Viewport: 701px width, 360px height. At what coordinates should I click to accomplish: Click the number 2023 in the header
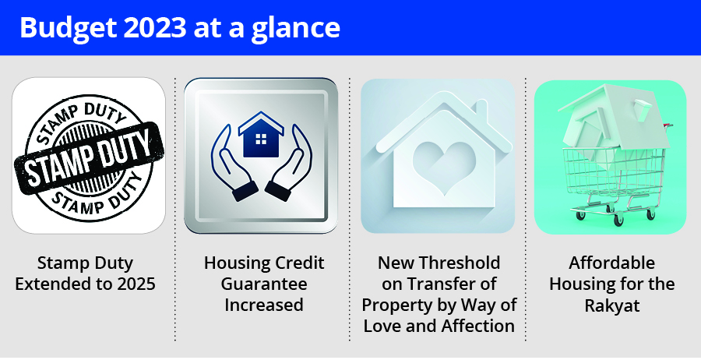point(154,28)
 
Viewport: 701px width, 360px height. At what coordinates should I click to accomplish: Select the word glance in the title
point(295,29)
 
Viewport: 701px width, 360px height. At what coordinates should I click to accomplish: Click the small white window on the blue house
point(261,139)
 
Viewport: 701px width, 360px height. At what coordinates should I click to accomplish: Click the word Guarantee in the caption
point(264,284)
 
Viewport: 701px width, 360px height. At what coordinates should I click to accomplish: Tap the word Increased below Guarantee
point(264,305)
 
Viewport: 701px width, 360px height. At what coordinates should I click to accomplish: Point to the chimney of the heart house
point(481,110)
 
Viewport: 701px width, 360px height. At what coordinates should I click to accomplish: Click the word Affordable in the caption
point(611,263)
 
